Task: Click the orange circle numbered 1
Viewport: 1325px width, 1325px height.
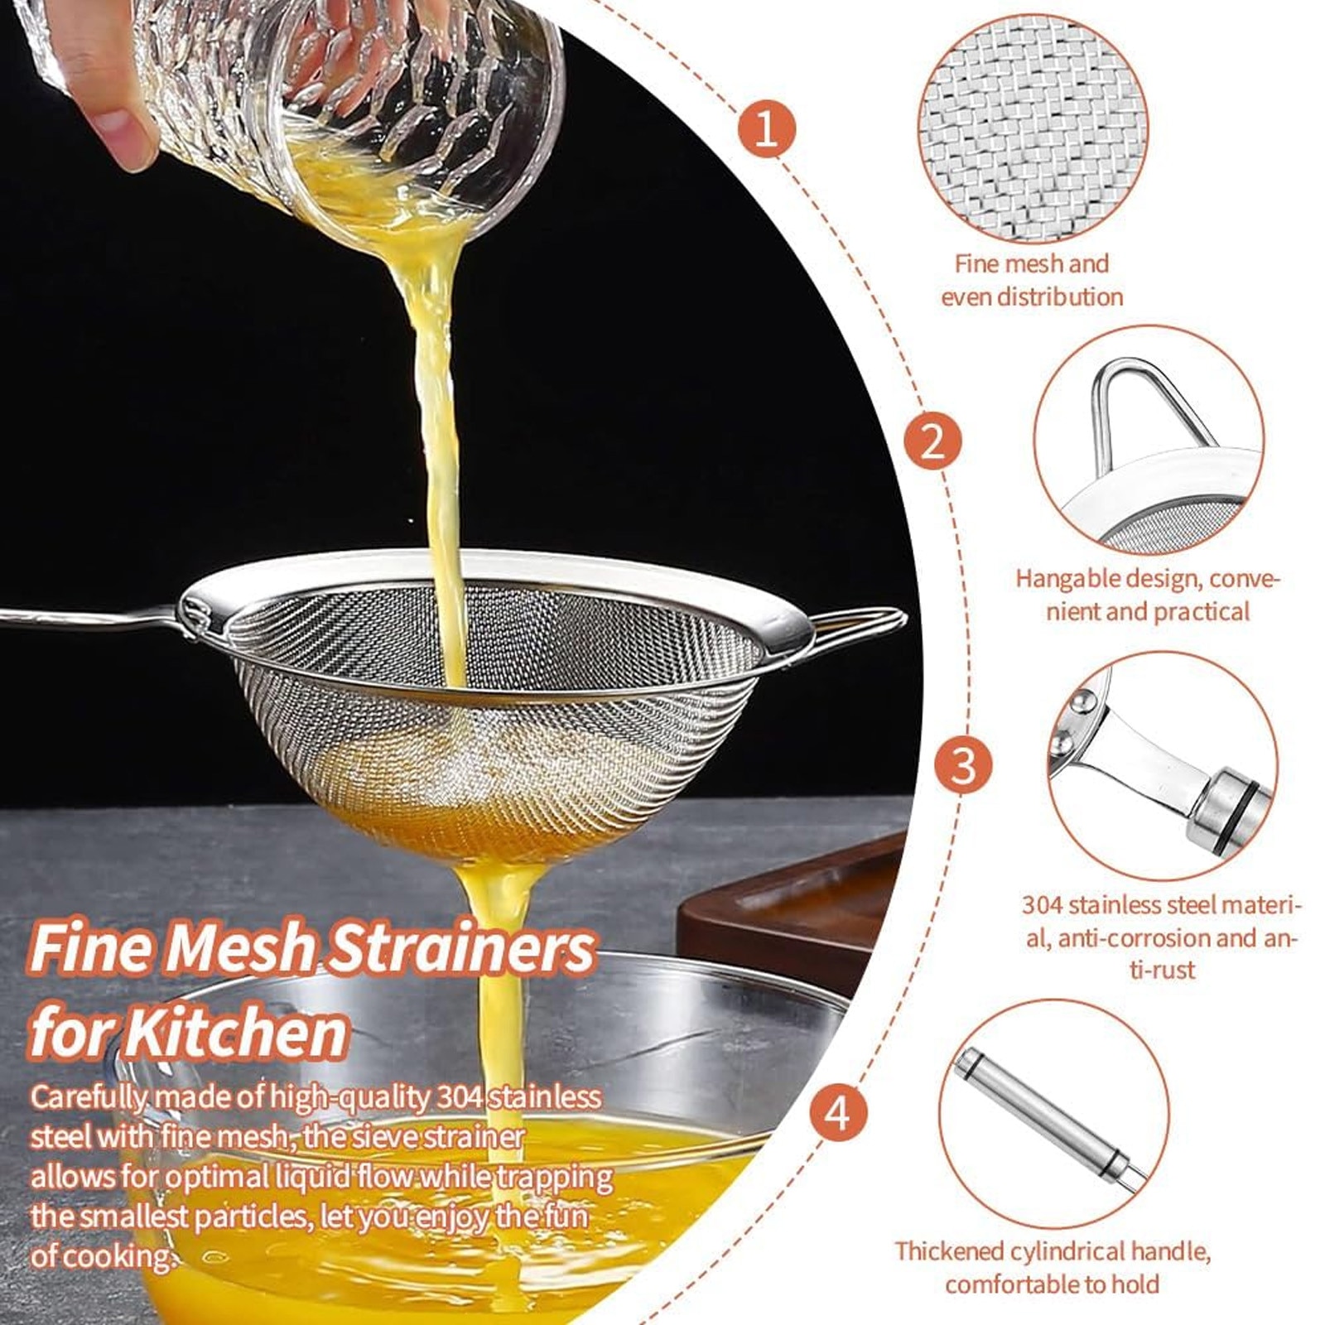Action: coord(766,129)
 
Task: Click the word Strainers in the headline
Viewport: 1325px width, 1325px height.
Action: coord(460,950)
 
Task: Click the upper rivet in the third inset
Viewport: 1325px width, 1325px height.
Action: coord(1080,701)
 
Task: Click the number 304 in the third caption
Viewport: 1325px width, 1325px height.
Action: coord(1042,904)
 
